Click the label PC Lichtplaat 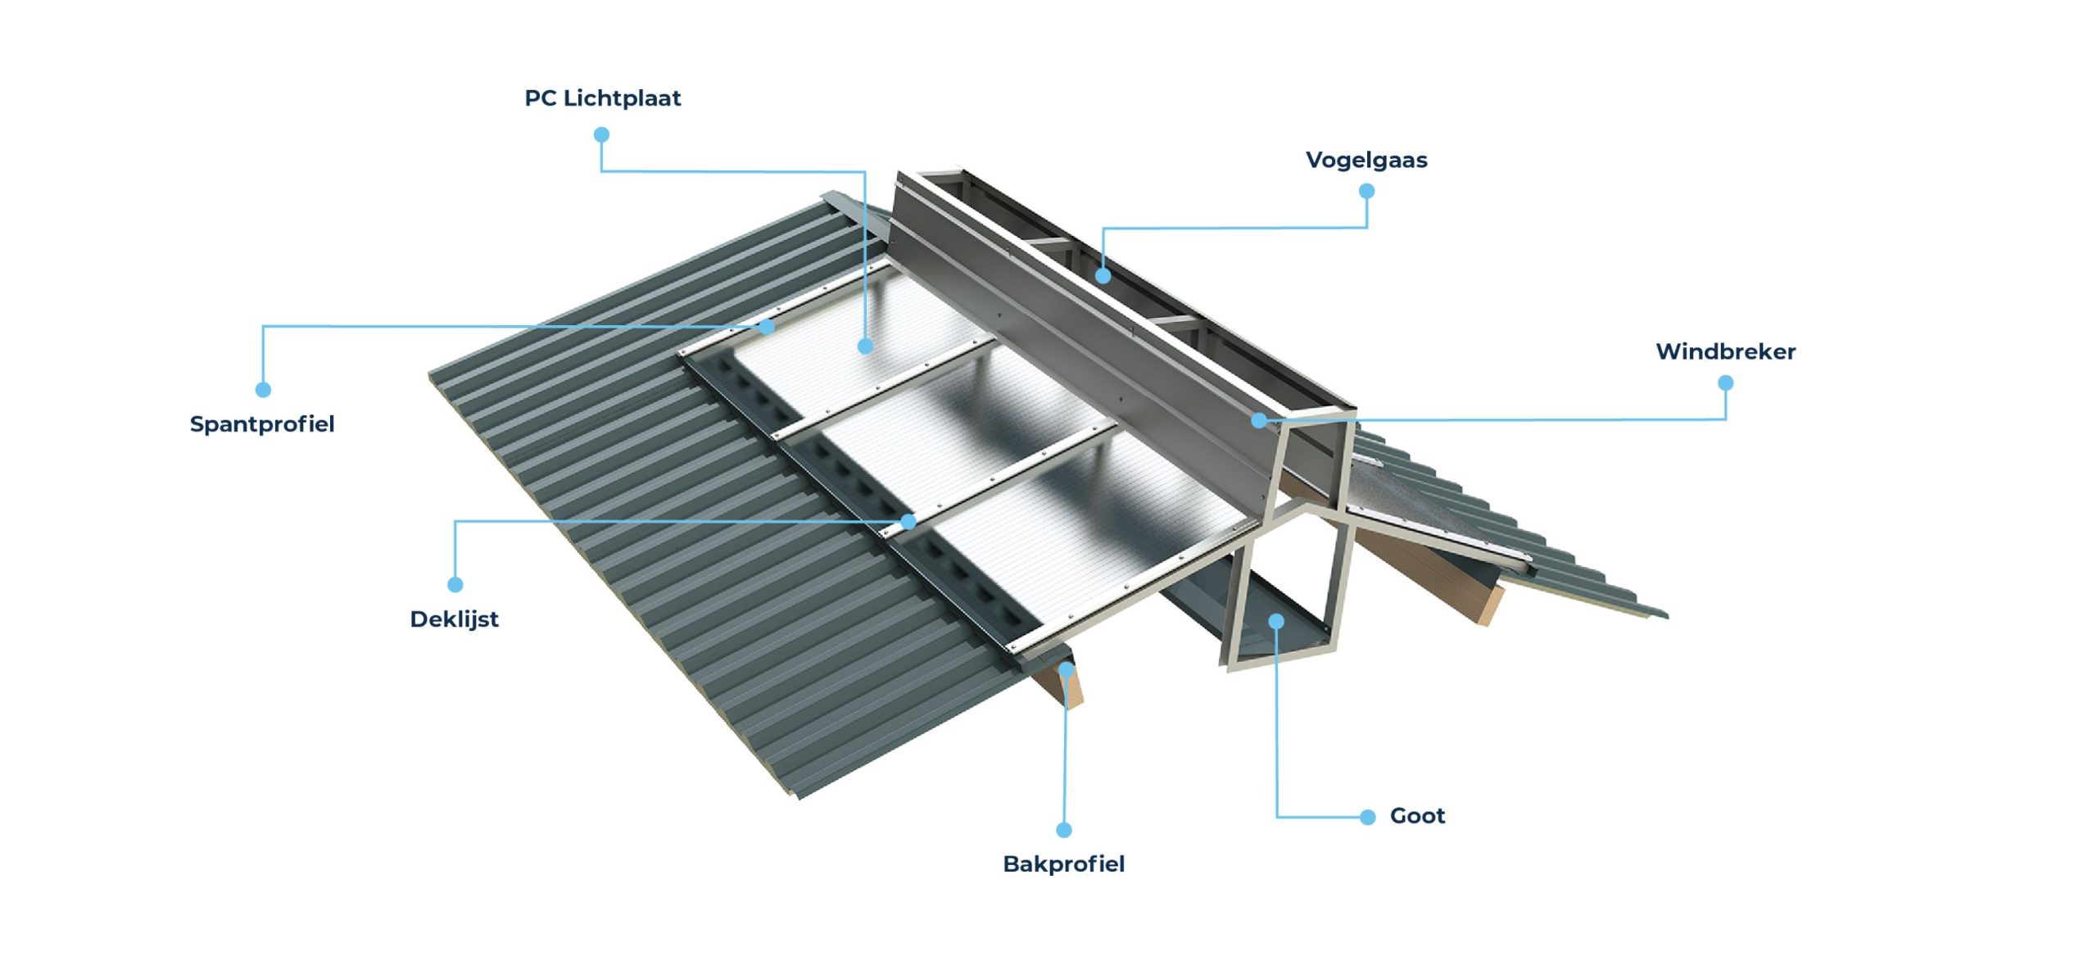(x=602, y=98)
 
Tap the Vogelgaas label (x=1366, y=160)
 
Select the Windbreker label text (x=1725, y=351)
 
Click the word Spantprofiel (x=262, y=424)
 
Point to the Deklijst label (x=454, y=618)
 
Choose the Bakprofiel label (x=1063, y=863)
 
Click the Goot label (x=1417, y=816)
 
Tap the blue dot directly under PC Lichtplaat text (x=601, y=134)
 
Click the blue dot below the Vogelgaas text (x=1366, y=192)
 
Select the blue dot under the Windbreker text (x=1725, y=383)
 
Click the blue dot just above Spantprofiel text (x=263, y=390)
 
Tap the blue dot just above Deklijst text (x=455, y=584)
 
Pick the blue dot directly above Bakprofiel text (x=1064, y=830)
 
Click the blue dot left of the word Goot (x=1367, y=817)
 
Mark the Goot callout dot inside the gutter (x=1276, y=622)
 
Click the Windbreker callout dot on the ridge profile (x=1259, y=420)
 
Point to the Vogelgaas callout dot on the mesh (x=1103, y=276)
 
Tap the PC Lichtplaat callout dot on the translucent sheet (x=865, y=346)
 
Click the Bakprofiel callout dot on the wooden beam (x=1066, y=669)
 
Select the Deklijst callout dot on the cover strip (x=908, y=521)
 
